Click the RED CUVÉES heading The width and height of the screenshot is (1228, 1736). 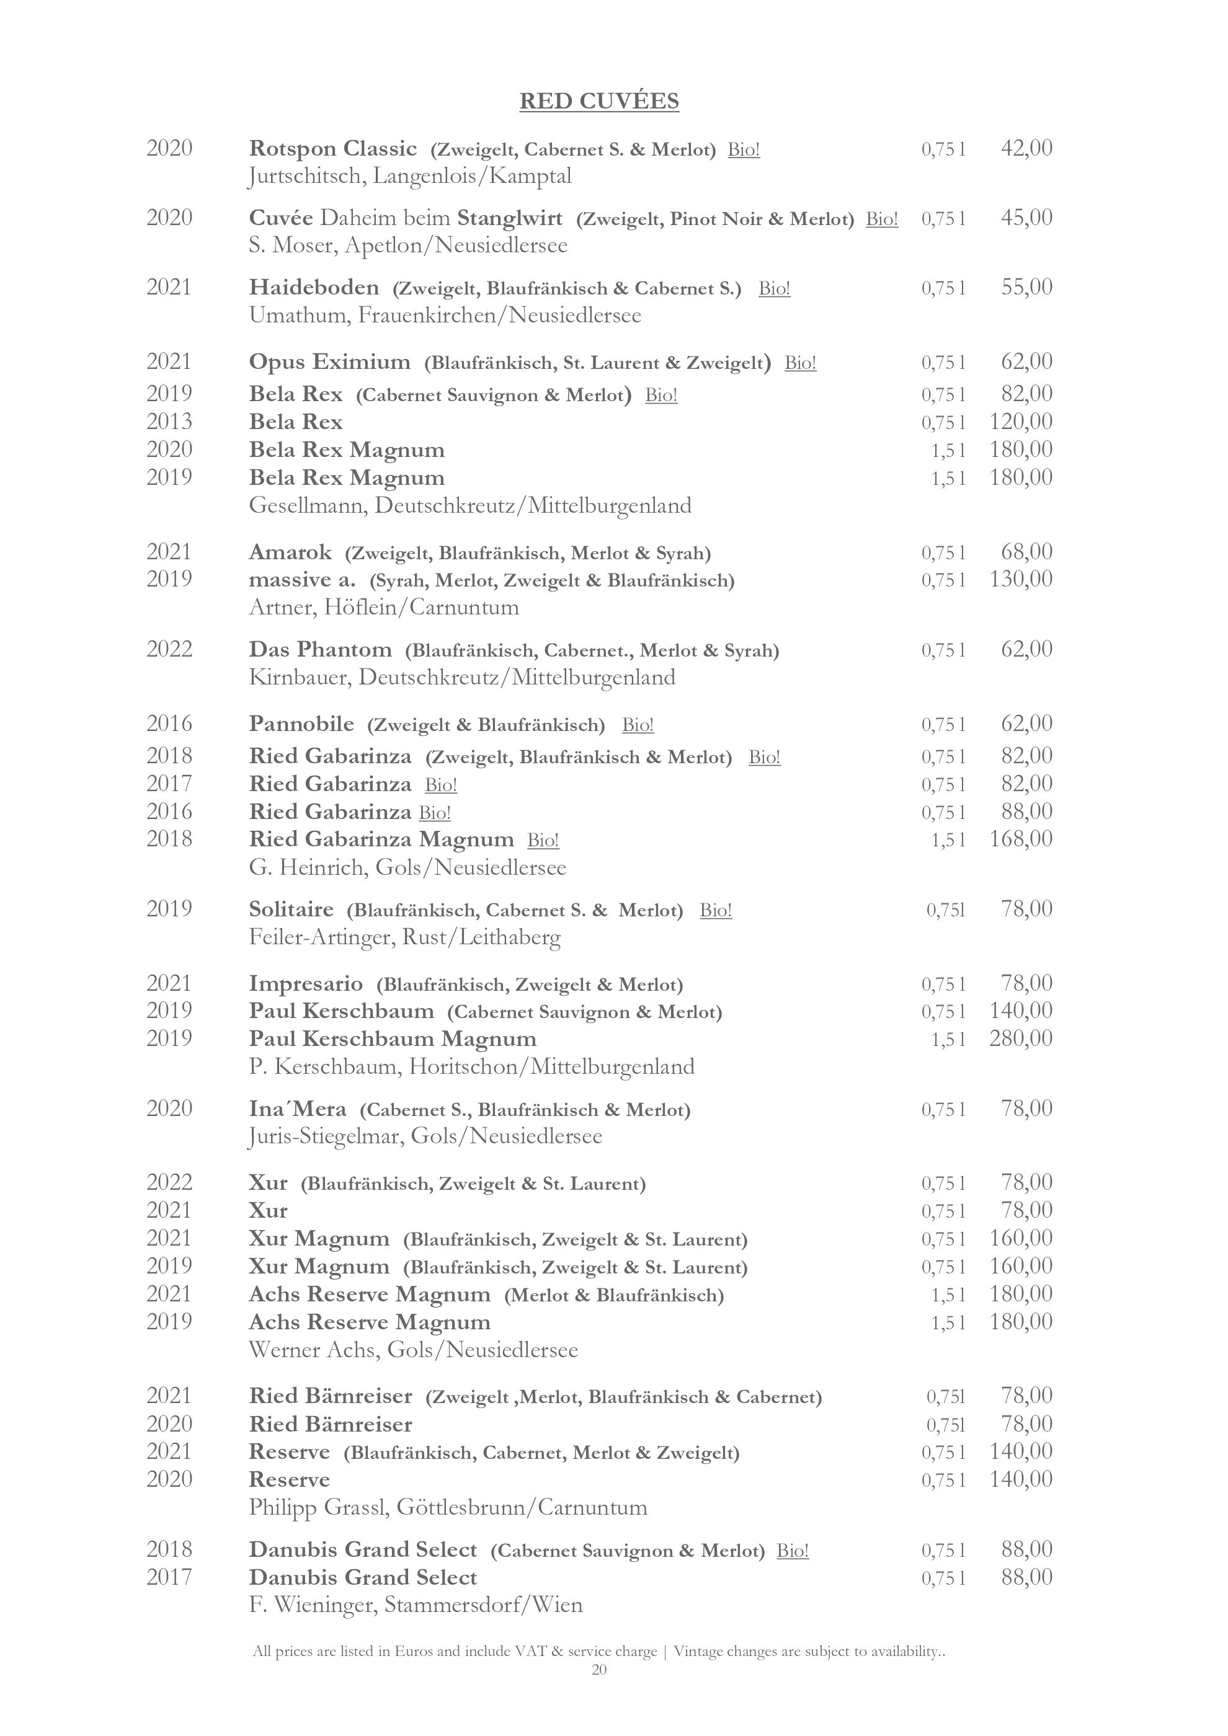coord(599,101)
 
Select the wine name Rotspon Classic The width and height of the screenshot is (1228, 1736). coord(332,149)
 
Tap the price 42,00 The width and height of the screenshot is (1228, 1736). coord(1026,149)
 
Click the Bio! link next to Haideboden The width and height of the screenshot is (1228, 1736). coord(774,289)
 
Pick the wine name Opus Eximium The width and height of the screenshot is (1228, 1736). coord(330,362)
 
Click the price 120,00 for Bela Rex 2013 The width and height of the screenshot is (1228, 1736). coord(1021,422)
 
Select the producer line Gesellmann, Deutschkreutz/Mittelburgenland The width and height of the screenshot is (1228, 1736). coord(470,506)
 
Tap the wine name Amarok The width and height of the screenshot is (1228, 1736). coord(290,552)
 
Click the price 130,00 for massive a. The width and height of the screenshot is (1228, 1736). coord(1021,580)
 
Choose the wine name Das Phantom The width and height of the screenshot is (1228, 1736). coord(321,650)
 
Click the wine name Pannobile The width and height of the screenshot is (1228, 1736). coord(301,724)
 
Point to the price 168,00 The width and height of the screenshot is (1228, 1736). coord(1021,839)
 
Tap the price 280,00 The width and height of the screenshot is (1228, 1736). coord(1021,1039)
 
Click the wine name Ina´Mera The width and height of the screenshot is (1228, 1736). coord(298,1109)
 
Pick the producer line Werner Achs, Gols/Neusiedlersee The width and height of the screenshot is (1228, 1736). coord(414,1350)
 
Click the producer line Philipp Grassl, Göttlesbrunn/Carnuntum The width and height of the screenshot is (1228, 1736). coord(448,1508)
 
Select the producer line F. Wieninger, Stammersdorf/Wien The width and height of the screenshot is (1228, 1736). coord(416,1605)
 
